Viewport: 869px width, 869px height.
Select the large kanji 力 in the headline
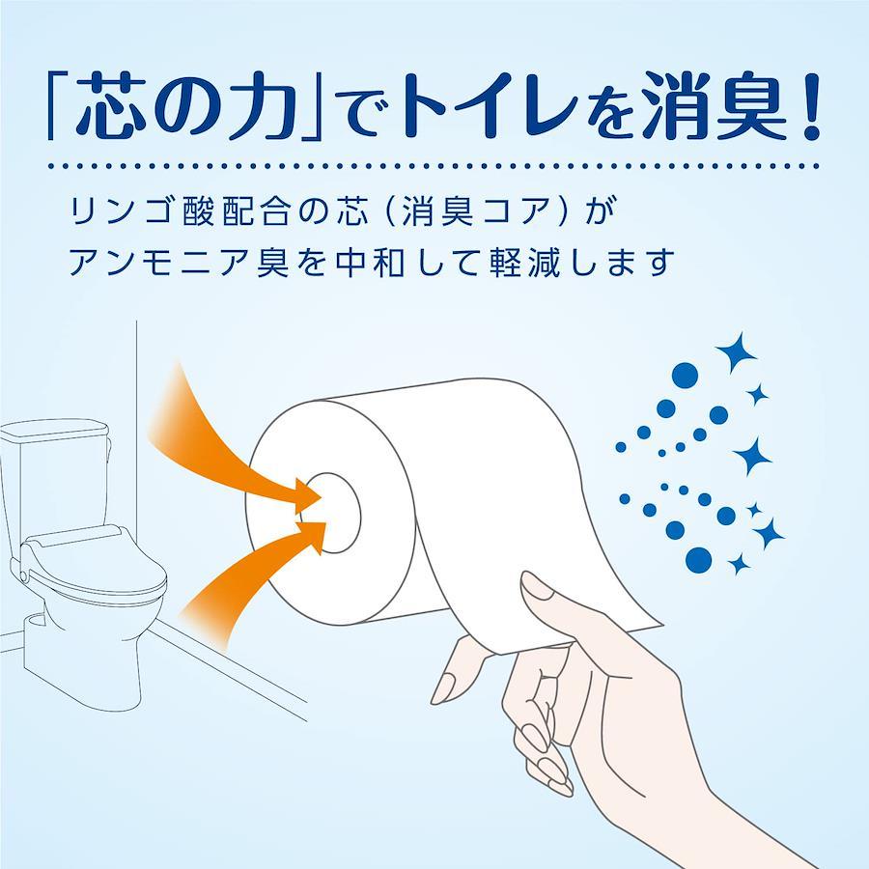(261, 106)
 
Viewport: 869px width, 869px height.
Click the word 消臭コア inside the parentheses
(475, 211)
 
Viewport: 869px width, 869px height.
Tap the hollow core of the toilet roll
(332, 513)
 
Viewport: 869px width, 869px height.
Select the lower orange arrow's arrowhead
(311, 535)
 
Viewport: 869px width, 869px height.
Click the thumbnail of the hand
(537, 586)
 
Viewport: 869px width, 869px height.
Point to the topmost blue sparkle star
(736, 351)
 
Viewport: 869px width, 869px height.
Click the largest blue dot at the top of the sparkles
(685, 376)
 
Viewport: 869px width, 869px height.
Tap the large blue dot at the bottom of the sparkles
(698, 560)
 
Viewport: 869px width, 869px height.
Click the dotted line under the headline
(434, 166)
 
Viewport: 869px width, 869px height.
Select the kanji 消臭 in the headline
(715, 106)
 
